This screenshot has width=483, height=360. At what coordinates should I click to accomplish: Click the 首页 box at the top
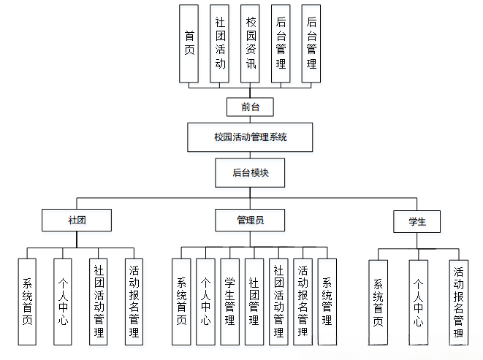click(189, 43)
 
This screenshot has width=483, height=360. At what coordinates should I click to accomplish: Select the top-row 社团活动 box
click(220, 43)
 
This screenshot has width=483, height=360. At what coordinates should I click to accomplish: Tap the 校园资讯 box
click(251, 43)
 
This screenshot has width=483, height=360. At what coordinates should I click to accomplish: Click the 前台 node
click(251, 107)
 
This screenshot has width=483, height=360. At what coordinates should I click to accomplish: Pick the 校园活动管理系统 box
click(251, 137)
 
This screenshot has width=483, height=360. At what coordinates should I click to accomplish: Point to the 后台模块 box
click(251, 173)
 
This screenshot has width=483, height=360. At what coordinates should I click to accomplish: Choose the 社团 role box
click(77, 221)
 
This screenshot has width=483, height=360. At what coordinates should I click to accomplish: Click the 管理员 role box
click(251, 221)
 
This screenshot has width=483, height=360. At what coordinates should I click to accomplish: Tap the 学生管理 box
click(229, 301)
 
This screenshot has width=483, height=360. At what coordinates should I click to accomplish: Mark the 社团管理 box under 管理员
click(254, 301)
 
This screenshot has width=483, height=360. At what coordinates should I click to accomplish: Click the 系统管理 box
click(327, 301)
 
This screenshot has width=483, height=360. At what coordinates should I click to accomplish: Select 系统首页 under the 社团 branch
click(27, 301)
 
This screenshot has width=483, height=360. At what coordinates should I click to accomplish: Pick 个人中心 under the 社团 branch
click(63, 301)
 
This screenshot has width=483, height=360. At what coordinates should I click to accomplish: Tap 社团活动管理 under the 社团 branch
click(99, 301)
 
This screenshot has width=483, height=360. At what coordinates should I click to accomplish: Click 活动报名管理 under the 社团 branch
click(134, 301)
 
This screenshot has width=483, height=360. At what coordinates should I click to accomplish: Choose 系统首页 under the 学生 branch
click(378, 302)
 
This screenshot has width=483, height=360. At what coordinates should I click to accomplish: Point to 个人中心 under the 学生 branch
click(418, 302)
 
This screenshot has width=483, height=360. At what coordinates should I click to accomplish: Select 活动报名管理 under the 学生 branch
click(458, 302)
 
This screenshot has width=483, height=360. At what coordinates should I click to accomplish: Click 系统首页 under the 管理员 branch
click(181, 301)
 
